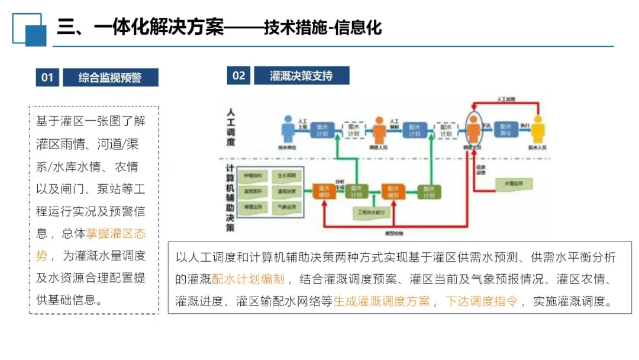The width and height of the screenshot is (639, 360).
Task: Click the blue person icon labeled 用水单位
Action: [288, 128]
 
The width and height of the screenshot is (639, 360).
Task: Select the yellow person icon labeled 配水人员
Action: [537, 128]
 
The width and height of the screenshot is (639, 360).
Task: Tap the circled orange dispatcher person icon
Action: [473, 128]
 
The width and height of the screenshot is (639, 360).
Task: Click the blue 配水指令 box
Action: [506, 130]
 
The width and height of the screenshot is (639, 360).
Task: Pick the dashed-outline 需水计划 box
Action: [354, 130]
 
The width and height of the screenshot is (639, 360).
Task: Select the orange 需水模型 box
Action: [324, 191]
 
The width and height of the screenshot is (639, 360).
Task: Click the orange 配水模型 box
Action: [393, 191]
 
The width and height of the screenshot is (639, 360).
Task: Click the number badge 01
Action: [47, 77]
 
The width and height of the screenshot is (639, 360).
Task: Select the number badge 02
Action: [238, 75]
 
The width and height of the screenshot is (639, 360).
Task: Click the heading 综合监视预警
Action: [110, 77]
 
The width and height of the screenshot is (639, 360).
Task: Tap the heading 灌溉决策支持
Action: [301, 75]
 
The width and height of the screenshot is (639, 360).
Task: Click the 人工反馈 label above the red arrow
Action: [506, 99]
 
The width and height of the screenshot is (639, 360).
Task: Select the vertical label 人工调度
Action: [231, 127]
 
